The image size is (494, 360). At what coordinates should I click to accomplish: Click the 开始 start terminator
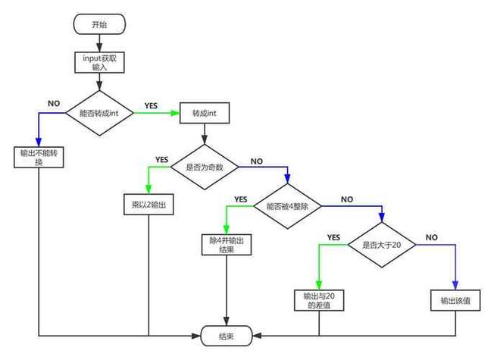(x=99, y=23)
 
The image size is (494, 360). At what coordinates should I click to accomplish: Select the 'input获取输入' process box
(x=99, y=62)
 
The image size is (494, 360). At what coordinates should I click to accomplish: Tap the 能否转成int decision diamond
(x=99, y=114)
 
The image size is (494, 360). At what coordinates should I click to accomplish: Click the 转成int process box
(x=204, y=114)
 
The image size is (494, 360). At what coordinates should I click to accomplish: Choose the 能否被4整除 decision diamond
(x=287, y=205)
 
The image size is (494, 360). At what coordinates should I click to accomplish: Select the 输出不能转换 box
(x=39, y=158)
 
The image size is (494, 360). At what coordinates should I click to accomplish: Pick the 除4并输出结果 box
(x=225, y=245)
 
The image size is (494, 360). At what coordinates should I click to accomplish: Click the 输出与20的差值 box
(x=318, y=300)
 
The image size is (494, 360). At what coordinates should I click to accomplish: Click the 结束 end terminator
(x=227, y=334)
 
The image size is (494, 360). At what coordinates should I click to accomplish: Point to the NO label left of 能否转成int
(x=54, y=102)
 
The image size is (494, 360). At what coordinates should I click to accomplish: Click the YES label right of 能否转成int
(x=151, y=105)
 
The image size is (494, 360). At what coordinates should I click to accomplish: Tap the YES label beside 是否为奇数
(x=161, y=159)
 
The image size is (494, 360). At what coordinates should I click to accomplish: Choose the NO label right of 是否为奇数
(x=256, y=161)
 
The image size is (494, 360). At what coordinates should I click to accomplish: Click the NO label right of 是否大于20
(x=431, y=237)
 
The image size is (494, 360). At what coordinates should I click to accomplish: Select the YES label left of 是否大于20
(x=333, y=237)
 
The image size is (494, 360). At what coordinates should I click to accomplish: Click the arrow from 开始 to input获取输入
(x=99, y=42)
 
